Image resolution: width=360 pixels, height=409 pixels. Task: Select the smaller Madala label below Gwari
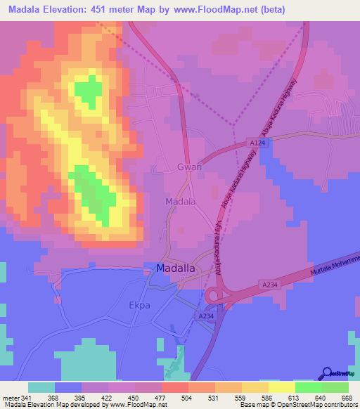coord(180,202)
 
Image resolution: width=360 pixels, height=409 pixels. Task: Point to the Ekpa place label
coord(160,305)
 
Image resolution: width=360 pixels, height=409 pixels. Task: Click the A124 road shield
coord(258,143)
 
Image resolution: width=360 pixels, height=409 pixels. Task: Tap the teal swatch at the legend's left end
coord(41,387)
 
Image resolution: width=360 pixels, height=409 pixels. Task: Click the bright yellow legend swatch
coord(281,387)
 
